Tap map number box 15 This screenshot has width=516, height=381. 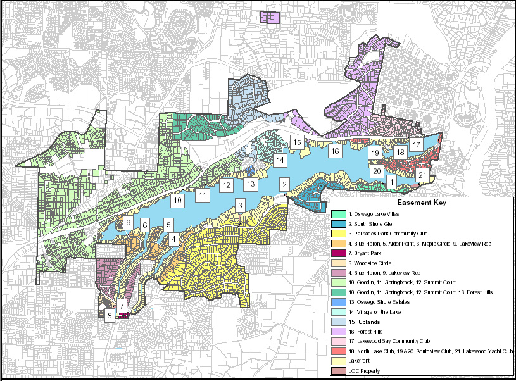coord(297,142)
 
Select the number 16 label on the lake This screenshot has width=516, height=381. coord(335,151)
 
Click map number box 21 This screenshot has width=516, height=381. coord(422,175)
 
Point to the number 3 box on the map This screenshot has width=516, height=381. coord(240,205)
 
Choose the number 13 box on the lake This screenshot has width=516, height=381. coord(251,184)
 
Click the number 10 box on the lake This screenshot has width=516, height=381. coord(178,200)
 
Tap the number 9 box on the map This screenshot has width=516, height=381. coord(129,222)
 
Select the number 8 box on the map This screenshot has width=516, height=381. coord(110,315)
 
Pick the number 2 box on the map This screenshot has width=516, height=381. coord(285,184)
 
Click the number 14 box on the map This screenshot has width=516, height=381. coord(280,160)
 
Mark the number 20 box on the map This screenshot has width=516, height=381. coord(376,171)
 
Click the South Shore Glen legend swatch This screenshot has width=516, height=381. coord(339,225)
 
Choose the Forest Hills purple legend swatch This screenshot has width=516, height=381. coord(339,331)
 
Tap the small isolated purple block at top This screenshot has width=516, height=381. coord(270,17)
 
